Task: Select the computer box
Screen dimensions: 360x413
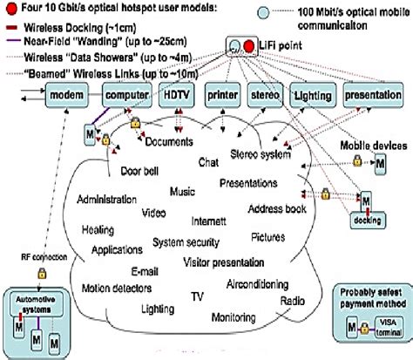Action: [x=125, y=93]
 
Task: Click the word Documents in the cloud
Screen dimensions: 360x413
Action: [x=169, y=141]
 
